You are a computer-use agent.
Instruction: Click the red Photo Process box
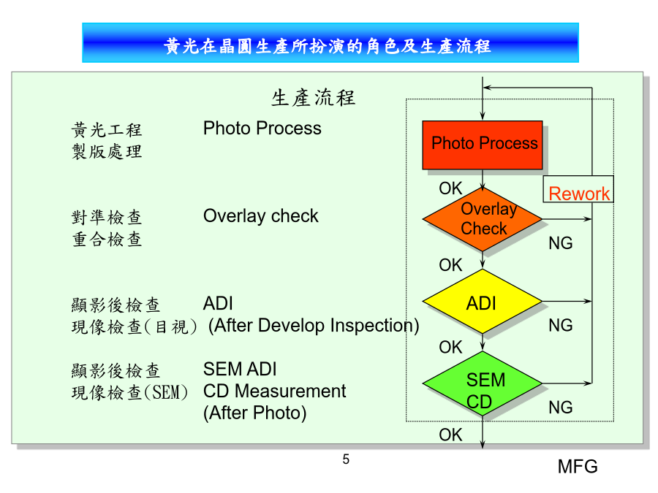[x=483, y=145]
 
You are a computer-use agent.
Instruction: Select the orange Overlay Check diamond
[x=483, y=219]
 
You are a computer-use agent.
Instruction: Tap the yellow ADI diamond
[x=483, y=301]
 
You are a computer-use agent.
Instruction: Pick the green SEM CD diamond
[x=483, y=383]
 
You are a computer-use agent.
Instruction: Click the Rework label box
[x=578, y=189]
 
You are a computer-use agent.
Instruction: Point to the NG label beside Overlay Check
[x=561, y=243]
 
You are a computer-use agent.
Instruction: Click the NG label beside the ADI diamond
[x=561, y=325]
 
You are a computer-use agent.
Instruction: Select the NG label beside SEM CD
[x=561, y=408]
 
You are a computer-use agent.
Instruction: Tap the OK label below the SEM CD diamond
[x=450, y=435]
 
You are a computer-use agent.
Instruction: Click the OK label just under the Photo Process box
[x=450, y=188]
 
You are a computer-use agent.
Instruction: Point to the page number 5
[x=346, y=459]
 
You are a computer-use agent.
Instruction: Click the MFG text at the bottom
[x=578, y=467]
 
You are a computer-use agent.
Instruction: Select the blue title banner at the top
[x=330, y=43]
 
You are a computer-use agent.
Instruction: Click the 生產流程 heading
[x=313, y=98]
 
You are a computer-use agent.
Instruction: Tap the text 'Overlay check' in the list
[x=260, y=216]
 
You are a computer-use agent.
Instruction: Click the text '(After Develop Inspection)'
[x=314, y=325]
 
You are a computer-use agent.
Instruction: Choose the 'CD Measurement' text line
[x=274, y=391]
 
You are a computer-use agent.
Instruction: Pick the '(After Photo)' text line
[x=254, y=413]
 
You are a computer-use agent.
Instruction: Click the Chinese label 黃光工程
[x=107, y=130]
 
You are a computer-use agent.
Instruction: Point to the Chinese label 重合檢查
[x=107, y=240]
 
